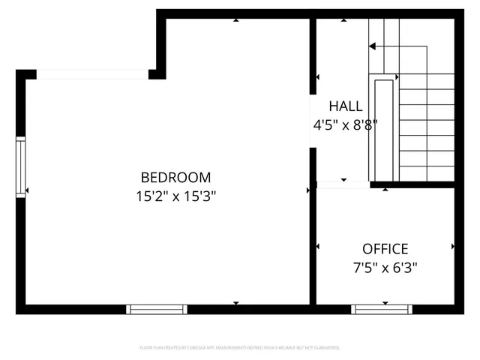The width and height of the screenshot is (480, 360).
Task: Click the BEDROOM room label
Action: click(176, 178)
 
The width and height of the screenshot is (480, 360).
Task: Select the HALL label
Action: click(345, 106)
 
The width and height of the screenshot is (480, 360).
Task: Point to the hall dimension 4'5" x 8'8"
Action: click(345, 125)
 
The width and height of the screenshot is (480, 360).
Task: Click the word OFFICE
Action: click(385, 249)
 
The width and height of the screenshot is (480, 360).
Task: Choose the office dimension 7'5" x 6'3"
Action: click(385, 267)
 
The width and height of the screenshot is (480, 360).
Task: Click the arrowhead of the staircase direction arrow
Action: click(372, 46)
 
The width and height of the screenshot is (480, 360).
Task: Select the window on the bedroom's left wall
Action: click(21, 166)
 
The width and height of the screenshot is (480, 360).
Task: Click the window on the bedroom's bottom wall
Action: click(157, 309)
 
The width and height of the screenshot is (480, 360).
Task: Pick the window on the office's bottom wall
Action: click(382, 309)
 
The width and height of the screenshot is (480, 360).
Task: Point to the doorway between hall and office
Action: click(343, 184)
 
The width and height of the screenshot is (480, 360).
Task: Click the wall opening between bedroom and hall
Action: click(313, 121)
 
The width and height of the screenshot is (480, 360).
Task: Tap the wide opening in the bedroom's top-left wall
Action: click(92, 73)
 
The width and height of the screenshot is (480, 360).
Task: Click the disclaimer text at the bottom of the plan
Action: click(240, 348)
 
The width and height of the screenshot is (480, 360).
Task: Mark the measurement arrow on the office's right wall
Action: click(453, 246)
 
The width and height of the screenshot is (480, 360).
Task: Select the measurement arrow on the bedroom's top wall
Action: click(236, 20)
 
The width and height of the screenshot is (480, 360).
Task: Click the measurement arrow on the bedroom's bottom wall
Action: click(236, 302)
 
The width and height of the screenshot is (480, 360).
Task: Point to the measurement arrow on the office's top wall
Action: click(385, 189)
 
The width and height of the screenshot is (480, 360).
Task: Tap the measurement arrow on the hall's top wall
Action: click(385, 20)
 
